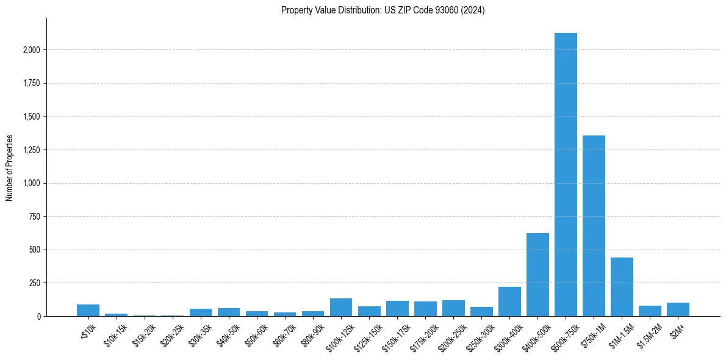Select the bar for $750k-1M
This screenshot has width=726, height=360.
click(x=594, y=226)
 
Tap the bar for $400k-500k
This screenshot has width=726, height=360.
click(x=537, y=275)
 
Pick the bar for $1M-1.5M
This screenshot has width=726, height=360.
click(x=622, y=287)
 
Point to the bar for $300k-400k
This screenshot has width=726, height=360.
click(x=509, y=301)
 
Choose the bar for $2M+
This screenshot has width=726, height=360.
click(x=678, y=309)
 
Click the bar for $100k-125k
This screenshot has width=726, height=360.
click(x=341, y=308)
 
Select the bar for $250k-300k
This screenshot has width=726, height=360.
click(x=481, y=312)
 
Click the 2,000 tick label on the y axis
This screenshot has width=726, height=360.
click(x=32, y=50)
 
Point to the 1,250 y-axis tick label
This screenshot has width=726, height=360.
click(x=32, y=150)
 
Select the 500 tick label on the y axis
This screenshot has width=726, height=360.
click(x=36, y=250)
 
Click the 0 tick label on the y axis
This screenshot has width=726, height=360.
click(x=40, y=317)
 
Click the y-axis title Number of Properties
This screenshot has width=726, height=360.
click(x=10, y=168)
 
